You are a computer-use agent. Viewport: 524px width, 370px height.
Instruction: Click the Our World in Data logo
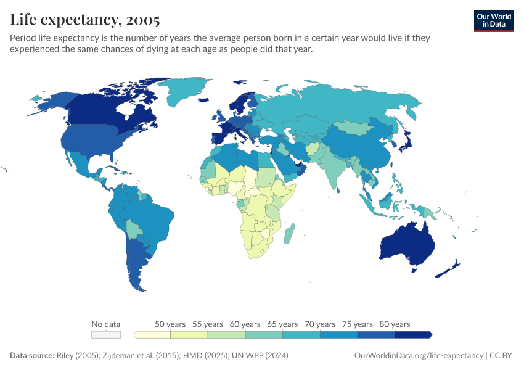(494, 21)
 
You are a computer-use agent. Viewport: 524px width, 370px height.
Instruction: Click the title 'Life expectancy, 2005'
(85, 19)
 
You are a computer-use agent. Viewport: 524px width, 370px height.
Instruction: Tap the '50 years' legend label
(170, 324)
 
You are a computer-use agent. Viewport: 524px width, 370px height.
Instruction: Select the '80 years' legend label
(395, 324)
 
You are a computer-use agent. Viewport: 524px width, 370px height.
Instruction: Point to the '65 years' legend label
(282, 324)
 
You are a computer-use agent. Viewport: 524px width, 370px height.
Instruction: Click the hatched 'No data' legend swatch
(106, 335)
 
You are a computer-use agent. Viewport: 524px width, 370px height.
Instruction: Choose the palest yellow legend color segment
(152, 335)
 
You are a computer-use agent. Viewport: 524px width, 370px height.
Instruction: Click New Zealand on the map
(448, 269)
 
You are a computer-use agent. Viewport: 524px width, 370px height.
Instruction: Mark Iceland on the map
(203, 100)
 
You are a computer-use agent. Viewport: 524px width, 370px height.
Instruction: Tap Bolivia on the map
(134, 229)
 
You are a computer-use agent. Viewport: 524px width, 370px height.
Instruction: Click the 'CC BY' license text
(501, 355)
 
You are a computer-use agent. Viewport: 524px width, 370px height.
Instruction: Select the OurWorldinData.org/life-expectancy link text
(419, 355)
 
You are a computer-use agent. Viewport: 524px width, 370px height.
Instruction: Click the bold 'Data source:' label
(32, 355)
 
